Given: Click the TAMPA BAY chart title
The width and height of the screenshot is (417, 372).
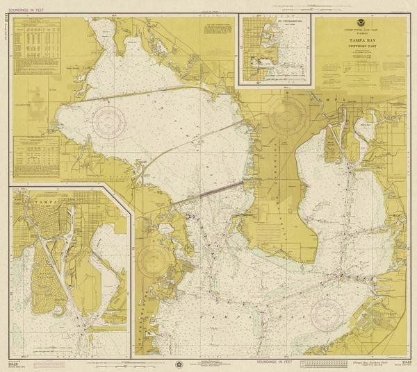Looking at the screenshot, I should click(359, 41).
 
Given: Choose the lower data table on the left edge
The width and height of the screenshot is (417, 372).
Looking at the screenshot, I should click(35, 153).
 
